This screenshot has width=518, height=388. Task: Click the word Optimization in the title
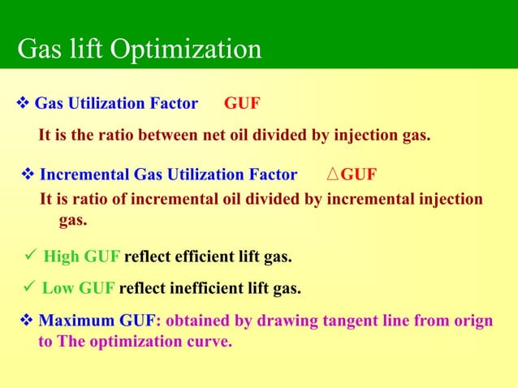pyautogui.click(x=185, y=50)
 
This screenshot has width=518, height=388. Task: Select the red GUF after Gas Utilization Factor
pyautogui.click(x=242, y=104)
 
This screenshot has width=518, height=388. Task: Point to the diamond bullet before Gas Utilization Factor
pyautogui.click(x=23, y=104)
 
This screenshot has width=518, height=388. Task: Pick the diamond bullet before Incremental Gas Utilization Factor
pyautogui.click(x=28, y=175)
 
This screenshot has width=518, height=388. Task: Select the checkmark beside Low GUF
pyautogui.click(x=28, y=288)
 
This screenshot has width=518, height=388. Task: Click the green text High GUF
pyautogui.click(x=81, y=258)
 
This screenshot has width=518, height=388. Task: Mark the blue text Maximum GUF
pyautogui.click(x=100, y=321)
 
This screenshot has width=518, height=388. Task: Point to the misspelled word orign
pyautogui.click(x=473, y=321)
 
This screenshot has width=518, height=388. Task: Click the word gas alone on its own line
pyautogui.click(x=73, y=220)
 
